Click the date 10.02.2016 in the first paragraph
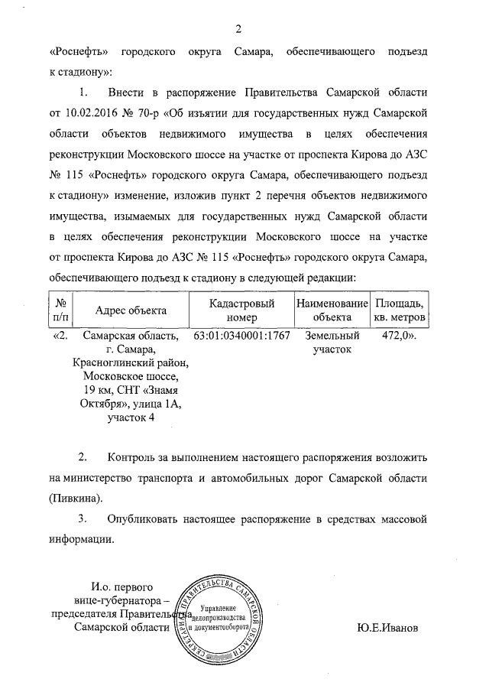tap(96, 112)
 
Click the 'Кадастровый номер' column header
tap(242, 310)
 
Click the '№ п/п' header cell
tap(62, 310)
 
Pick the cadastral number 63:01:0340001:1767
tap(242, 336)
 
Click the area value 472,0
tap(396, 336)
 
